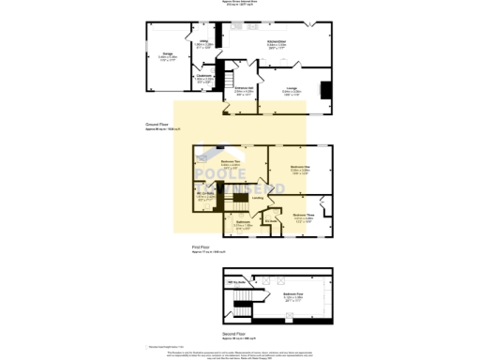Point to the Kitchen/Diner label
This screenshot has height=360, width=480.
tap(277, 43)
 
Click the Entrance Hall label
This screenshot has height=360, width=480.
tap(245, 91)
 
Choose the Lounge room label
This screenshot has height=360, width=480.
tap(292, 91)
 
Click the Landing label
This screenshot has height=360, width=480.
tap(258, 198)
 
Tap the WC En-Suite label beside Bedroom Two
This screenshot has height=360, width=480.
tap(207, 196)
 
